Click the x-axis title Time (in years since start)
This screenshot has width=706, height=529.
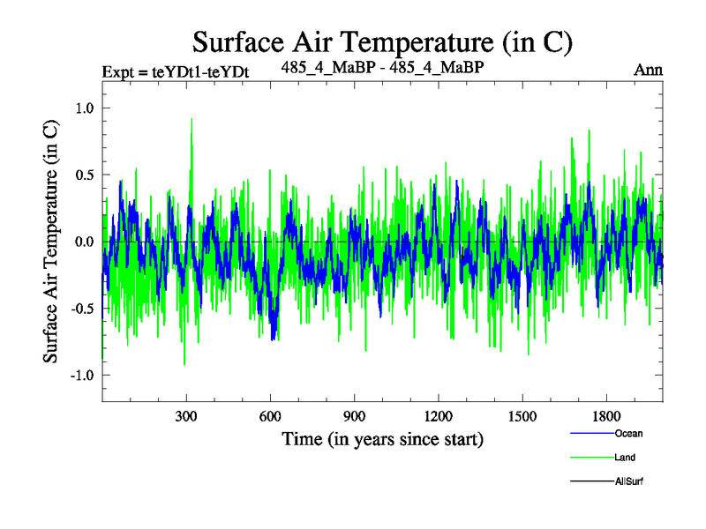point(382,438)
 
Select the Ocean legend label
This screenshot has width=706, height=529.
point(628,433)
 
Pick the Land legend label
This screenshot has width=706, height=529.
point(625,458)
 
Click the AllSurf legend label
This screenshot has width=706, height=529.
point(630,482)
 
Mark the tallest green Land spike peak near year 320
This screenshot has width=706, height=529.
point(192,119)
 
